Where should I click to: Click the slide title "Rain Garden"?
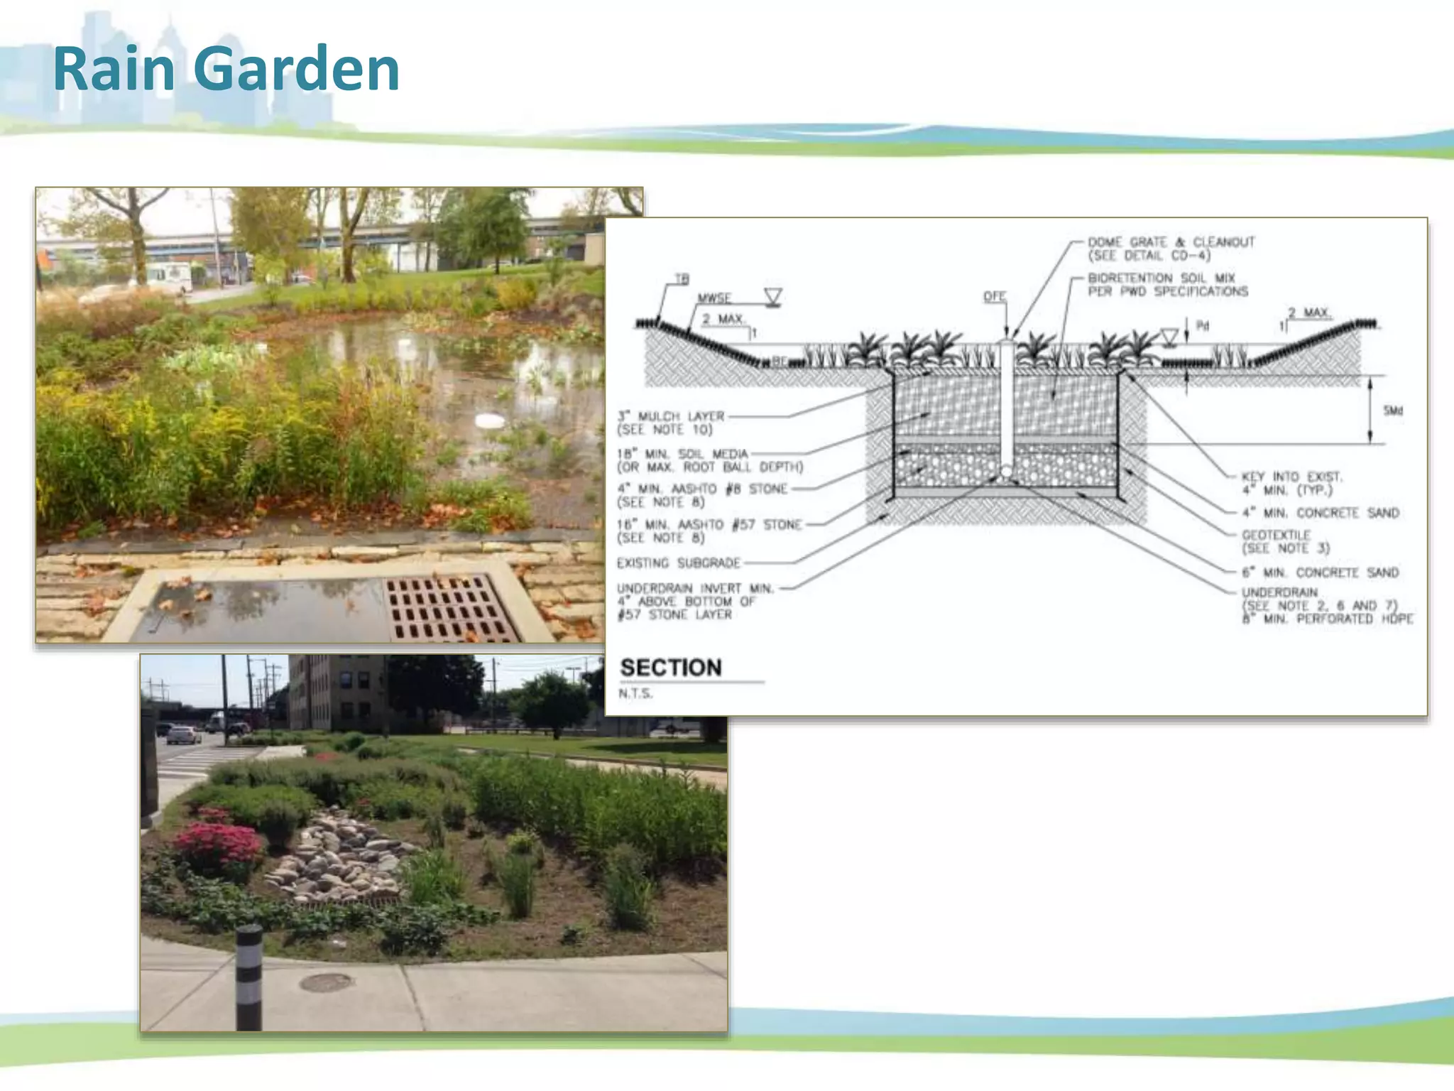pos(226,69)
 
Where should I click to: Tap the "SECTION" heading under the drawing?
pos(671,668)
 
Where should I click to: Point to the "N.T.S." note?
pos(635,693)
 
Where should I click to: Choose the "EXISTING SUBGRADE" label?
pos(678,563)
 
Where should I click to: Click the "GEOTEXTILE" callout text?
pos(1276,535)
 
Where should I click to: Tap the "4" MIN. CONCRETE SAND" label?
pos(1320,513)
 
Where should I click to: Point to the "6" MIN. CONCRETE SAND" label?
pos(1320,572)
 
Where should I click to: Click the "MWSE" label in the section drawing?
pos(714,298)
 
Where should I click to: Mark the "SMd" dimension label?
pos(1393,411)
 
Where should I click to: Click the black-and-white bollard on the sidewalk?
pos(248,977)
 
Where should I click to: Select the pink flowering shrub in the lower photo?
pos(217,845)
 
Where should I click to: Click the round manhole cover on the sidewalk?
pos(326,983)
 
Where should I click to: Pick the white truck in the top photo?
pos(169,276)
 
